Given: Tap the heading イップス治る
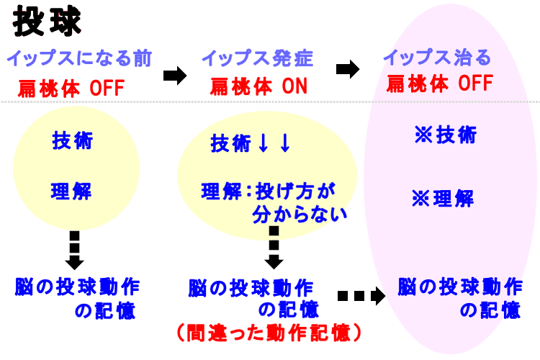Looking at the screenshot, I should tap(436, 58).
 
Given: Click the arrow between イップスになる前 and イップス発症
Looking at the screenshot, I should tap(175, 76).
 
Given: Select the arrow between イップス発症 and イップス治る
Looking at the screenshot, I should tap(348, 69).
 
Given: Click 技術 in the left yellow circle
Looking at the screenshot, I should tap(72, 140).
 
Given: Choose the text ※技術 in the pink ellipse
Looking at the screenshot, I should tap(444, 135).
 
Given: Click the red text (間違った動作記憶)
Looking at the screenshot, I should tap(269, 333).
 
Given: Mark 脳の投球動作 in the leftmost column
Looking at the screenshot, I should tap(77, 287).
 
